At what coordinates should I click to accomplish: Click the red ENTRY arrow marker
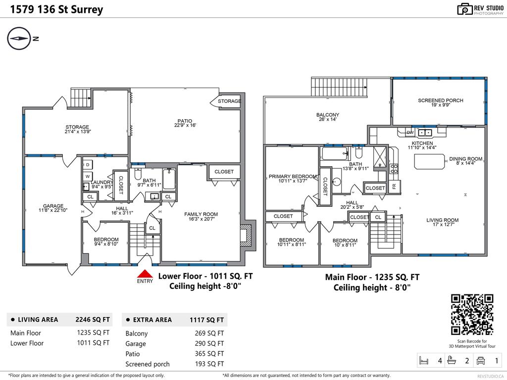pyautogui.click(x=144, y=274)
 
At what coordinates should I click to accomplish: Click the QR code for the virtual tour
pyautogui.click(x=472, y=315)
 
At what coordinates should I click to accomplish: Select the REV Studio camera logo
pyautogui.click(x=465, y=9)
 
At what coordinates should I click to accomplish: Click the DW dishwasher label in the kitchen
pyautogui.click(x=410, y=133)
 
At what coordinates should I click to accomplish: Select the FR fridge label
pyautogui.click(x=394, y=187)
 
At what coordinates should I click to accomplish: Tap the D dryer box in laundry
pyautogui.click(x=87, y=165)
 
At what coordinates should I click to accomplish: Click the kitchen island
pyautogui.click(x=428, y=161)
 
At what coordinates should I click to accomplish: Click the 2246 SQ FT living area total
pyautogui.click(x=92, y=320)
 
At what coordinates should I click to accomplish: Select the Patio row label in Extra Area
pyautogui.click(x=133, y=354)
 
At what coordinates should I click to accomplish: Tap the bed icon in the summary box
pyautogui.click(x=424, y=360)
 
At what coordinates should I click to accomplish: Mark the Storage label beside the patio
pyautogui.click(x=229, y=101)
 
